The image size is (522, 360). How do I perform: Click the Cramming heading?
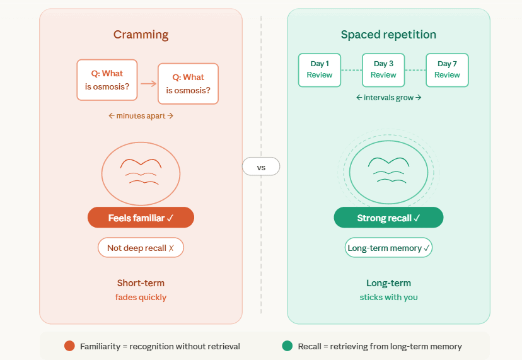click(x=141, y=35)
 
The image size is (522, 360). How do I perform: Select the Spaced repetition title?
click(x=388, y=35)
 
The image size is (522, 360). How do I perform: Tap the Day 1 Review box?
click(x=320, y=69)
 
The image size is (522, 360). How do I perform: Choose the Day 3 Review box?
click(x=383, y=69)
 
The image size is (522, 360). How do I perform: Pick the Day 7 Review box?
click(x=447, y=69)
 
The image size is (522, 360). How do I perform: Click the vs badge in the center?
click(x=261, y=166)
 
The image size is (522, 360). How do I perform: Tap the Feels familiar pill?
click(x=141, y=218)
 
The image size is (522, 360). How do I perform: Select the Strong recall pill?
click(x=388, y=218)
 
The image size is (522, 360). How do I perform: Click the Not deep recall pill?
click(x=141, y=248)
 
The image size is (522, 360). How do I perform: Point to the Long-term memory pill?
click(x=388, y=248)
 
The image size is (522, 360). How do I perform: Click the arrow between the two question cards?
click(x=148, y=83)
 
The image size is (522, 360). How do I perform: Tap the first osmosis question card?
click(x=107, y=79)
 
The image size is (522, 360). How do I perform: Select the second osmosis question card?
click(x=188, y=83)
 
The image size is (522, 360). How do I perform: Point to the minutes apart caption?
click(x=141, y=116)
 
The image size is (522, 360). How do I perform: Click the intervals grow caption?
click(x=388, y=98)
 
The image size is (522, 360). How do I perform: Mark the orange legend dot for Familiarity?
click(x=69, y=346)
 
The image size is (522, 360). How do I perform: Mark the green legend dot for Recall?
click(x=287, y=346)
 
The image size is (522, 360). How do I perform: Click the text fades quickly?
click(x=141, y=297)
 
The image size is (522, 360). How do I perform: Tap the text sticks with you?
click(x=388, y=297)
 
